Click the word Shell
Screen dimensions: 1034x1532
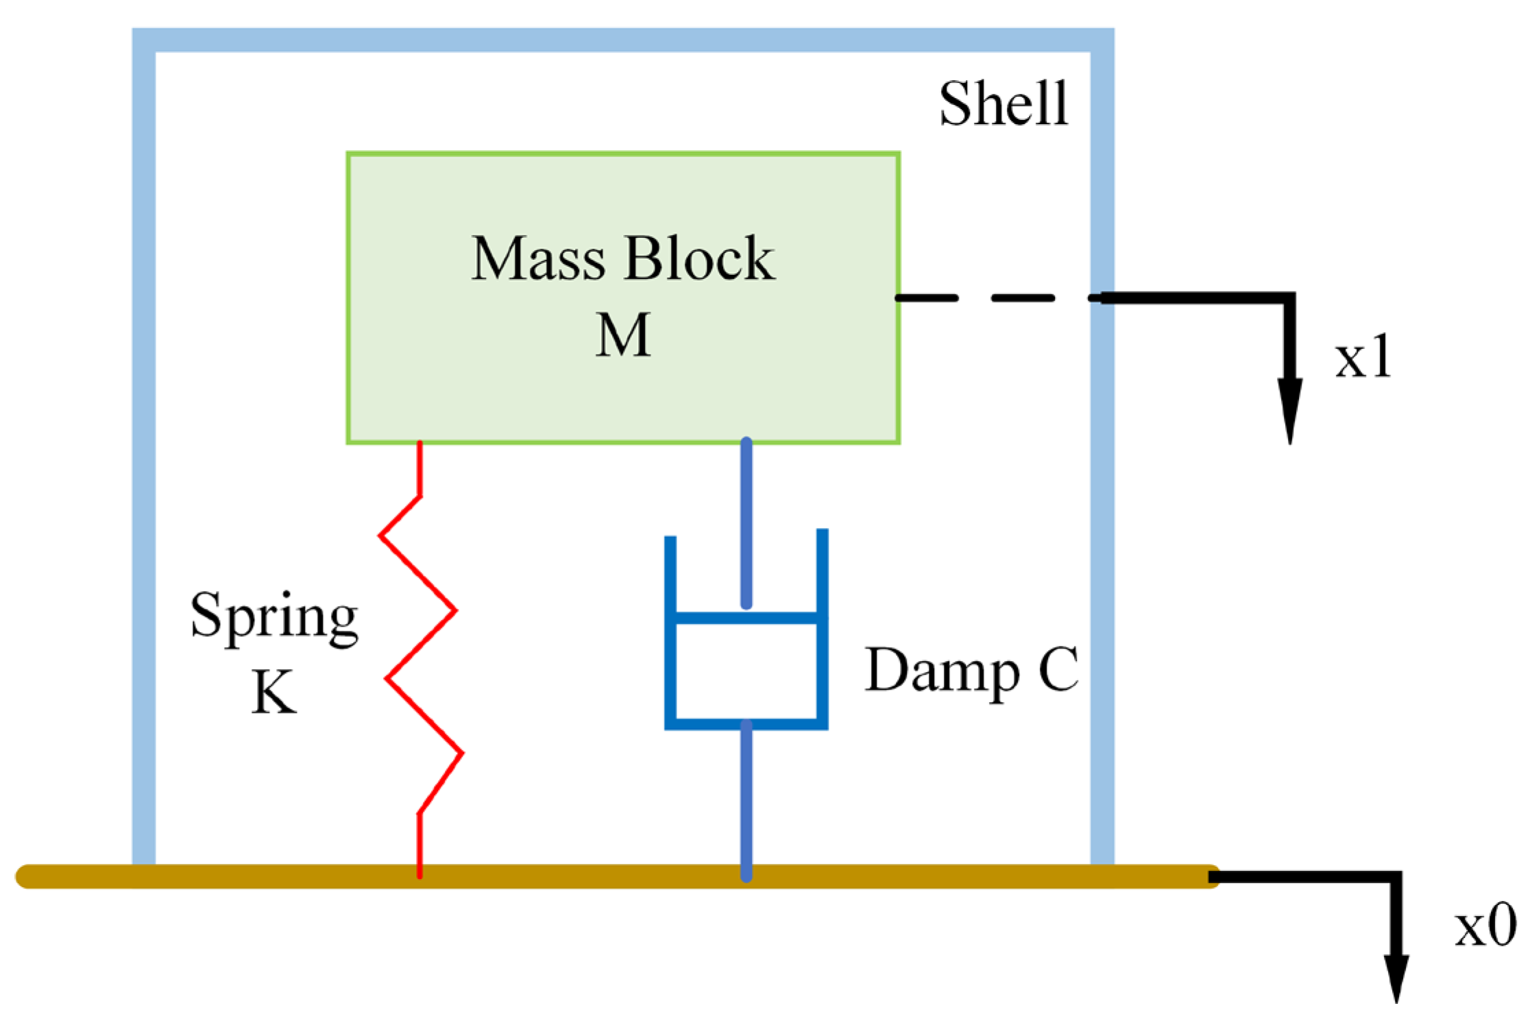coord(1004,104)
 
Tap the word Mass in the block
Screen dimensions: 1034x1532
coord(538,258)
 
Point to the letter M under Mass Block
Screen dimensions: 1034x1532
coord(622,335)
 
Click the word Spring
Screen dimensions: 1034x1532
coord(274,616)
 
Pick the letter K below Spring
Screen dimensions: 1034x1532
coord(273,693)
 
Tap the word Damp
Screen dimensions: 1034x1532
coord(943,670)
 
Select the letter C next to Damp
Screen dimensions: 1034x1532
coord(1058,669)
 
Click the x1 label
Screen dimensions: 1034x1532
coord(1363,357)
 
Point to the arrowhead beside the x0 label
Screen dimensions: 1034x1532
coord(1396,978)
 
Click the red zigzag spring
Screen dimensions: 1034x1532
coord(420,645)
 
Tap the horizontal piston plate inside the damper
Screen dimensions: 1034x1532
coord(746,618)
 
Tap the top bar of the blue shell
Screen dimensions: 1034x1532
coord(622,40)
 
